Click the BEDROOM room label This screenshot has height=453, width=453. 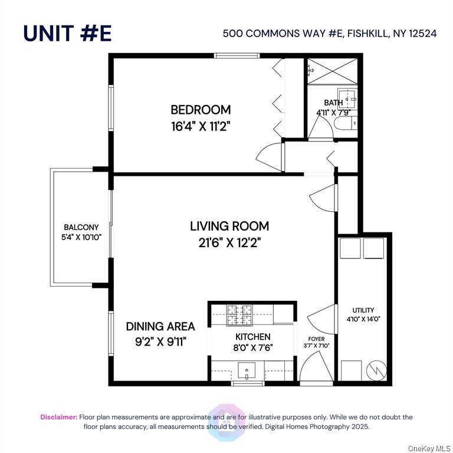[201, 110]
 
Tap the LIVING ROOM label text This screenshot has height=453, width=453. [229, 226]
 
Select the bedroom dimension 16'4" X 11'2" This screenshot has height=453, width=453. [201, 125]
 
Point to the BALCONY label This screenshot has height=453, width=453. [81, 227]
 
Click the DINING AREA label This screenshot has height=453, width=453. [160, 326]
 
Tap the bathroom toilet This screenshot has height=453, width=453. [346, 123]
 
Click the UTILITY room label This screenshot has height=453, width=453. [363, 310]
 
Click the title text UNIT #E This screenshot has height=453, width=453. [67, 33]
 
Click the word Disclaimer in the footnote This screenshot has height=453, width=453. [58, 417]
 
